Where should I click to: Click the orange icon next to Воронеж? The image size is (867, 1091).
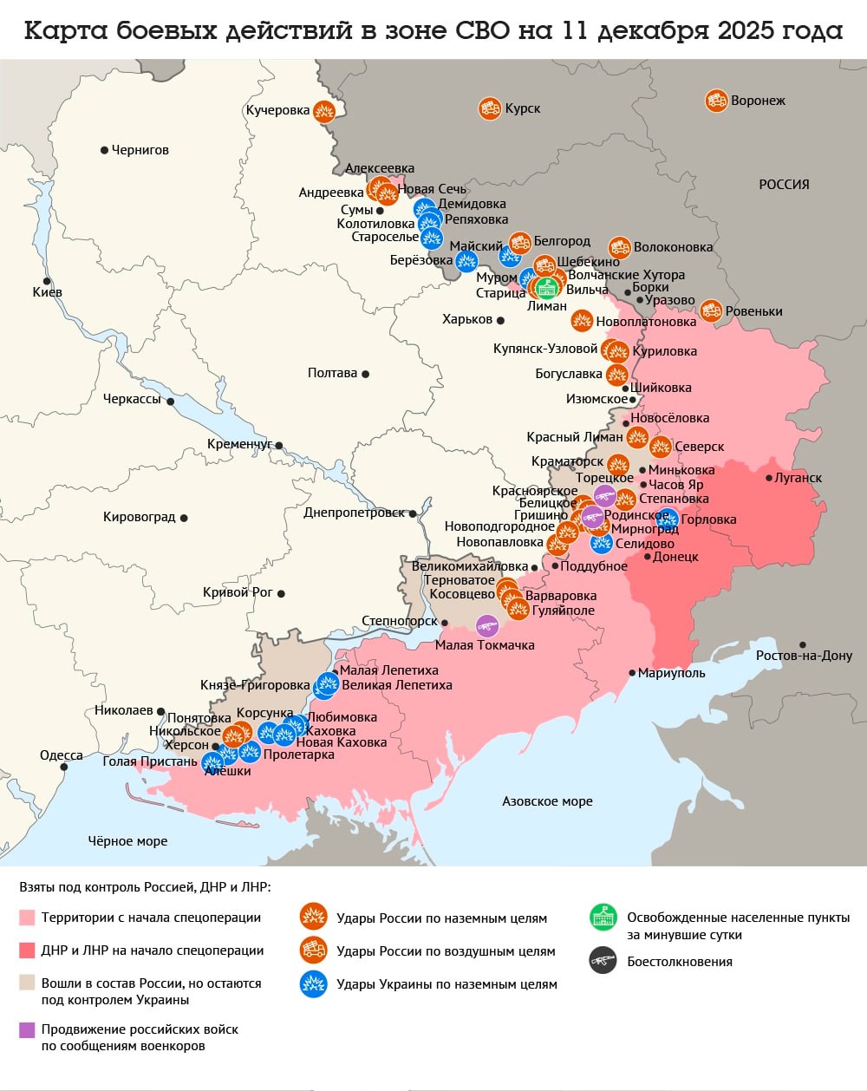[716, 101]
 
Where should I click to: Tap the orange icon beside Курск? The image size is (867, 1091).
[490, 108]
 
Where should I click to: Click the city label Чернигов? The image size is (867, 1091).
[140, 150]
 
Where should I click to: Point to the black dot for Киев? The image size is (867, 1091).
[48, 281]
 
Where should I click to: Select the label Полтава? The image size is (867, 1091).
[332, 373]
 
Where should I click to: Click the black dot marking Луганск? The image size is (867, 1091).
[769, 478]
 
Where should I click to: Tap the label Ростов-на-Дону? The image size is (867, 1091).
[804, 656]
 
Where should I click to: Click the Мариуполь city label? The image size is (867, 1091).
[671, 673]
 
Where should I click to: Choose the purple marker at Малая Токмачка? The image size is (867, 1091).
[487, 625]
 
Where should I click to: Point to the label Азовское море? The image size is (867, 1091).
[547, 801]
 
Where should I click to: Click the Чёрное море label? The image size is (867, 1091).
[127, 841]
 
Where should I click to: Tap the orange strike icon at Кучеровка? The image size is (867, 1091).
[323, 111]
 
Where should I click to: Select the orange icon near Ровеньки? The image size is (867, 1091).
[711, 310]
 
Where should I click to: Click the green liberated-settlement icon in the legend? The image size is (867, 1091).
[603, 918]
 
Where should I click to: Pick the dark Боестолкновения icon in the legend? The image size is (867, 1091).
[603, 961]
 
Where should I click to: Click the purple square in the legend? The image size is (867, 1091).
[27, 1029]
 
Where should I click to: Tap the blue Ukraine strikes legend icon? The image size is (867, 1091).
[313, 983]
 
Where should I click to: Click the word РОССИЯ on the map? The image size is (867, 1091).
[784, 185]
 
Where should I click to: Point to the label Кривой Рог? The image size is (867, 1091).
[238, 592]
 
